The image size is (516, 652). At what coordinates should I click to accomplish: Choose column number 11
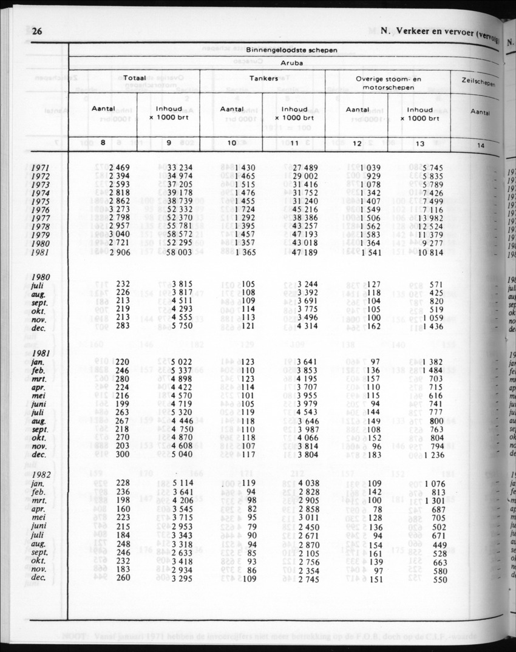point(294,144)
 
